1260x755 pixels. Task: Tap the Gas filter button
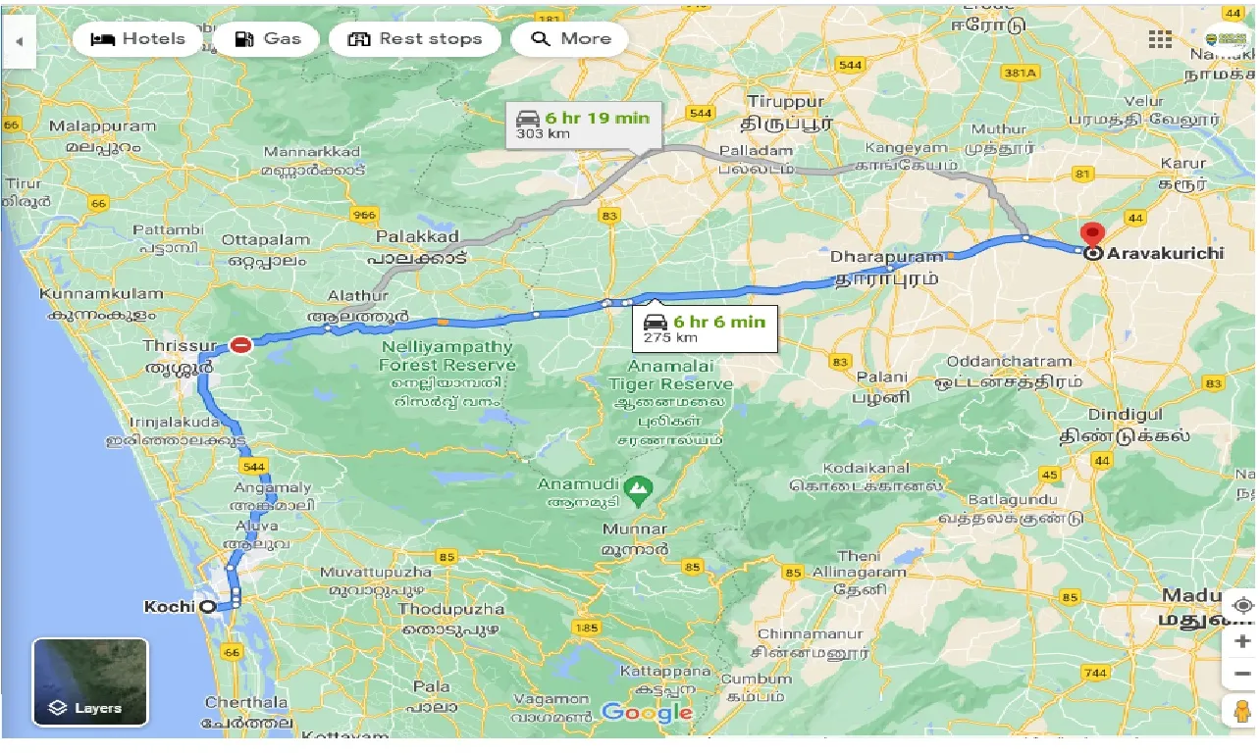[x=266, y=39]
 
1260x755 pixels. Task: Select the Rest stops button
[x=415, y=39]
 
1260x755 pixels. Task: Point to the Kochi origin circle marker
[x=207, y=607]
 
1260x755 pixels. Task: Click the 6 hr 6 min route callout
[x=704, y=328]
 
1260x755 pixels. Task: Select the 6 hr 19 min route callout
[x=583, y=125]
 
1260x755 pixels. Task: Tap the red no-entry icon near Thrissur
[x=241, y=344]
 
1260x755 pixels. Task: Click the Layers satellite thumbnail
[x=90, y=681]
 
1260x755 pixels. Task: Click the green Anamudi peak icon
[x=638, y=485]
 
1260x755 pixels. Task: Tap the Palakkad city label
[x=417, y=237]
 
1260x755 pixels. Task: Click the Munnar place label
[x=634, y=529]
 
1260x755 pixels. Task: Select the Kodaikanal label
[x=866, y=468]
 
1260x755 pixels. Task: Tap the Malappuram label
[x=102, y=126]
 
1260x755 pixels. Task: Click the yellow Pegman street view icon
[x=1241, y=710]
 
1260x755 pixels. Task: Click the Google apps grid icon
[x=1160, y=39]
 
